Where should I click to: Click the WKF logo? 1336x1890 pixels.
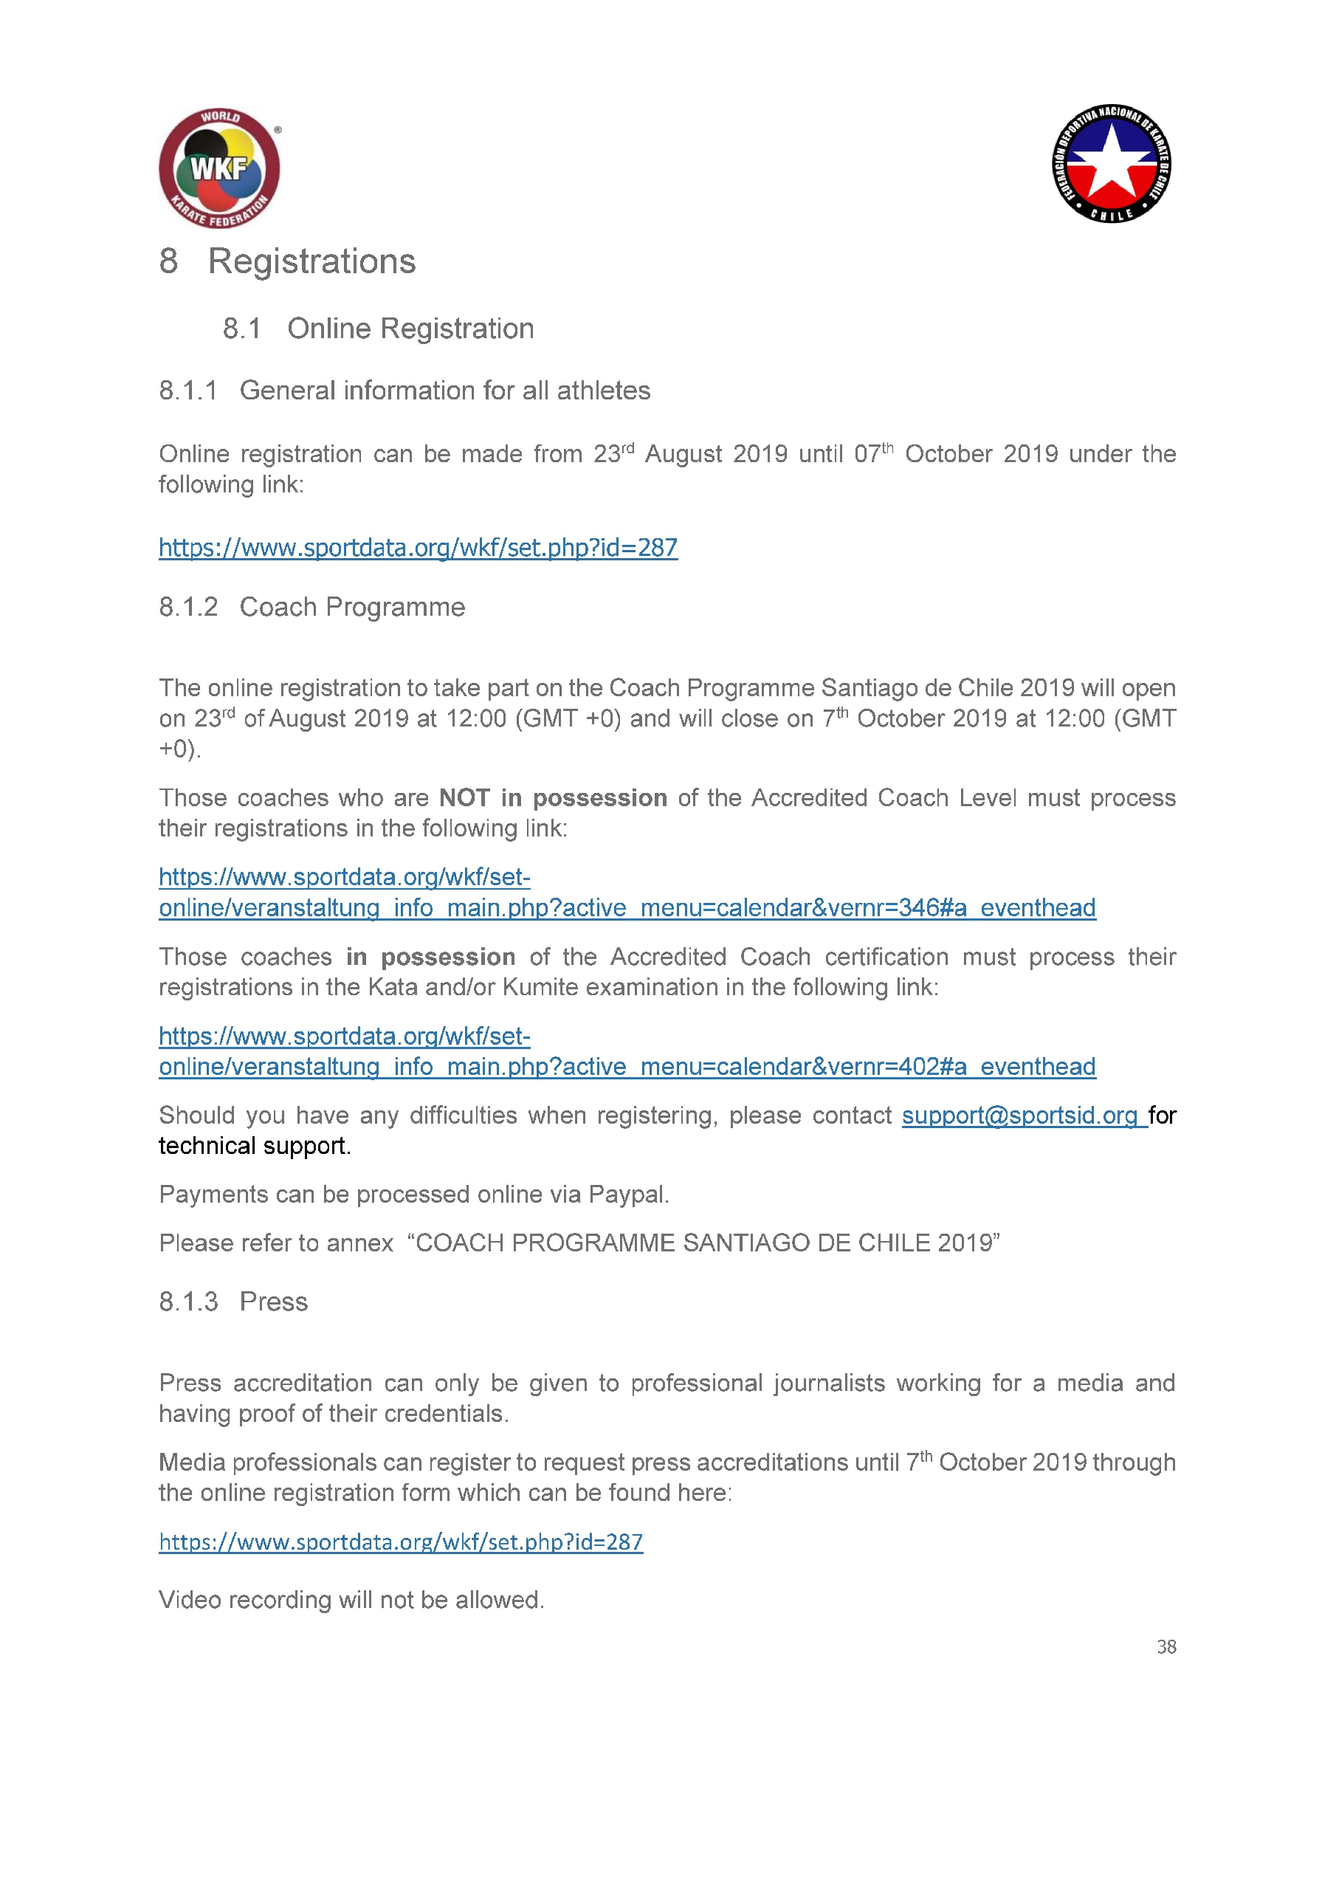click(x=219, y=169)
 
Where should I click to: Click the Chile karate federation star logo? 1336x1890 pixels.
click(x=1112, y=164)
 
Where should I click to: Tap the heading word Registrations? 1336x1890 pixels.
click(x=311, y=262)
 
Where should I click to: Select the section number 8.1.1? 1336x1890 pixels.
click(x=188, y=391)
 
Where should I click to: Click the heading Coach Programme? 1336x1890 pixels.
click(x=351, y=607)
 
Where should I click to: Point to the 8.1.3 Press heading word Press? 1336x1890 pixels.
click(x=273, y=1302)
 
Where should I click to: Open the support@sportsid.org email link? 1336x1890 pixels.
click(x=1020, y=1116)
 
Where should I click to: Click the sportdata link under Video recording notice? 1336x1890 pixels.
click(x=401, y=1542)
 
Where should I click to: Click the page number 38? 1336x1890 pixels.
click(x=1165, y=1646)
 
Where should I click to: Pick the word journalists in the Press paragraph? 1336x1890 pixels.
click(x=829, y=1383)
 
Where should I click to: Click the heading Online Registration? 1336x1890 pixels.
click(x=410, y=329)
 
